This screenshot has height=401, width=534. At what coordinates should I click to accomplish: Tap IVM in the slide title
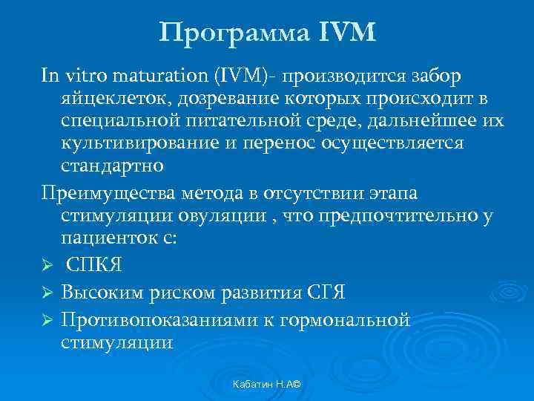pyautogui.click(x=345, y=33)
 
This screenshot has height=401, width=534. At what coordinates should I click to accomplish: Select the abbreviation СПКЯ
pyautogui.click(x=94, y=266)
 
